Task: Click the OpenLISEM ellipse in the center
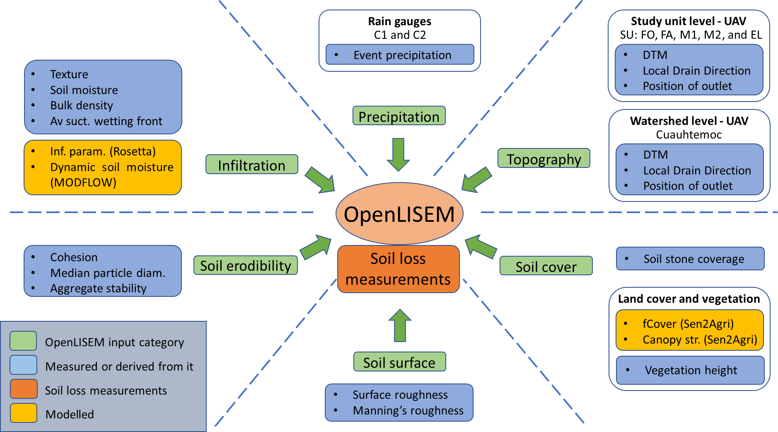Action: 399,214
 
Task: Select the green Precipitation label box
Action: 399,116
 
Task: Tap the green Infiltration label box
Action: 252,165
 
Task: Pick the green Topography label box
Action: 544,158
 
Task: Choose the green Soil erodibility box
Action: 246,265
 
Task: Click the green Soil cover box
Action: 546,266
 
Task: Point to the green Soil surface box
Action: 399,362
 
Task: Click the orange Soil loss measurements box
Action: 398,269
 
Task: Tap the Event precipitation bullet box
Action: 400,55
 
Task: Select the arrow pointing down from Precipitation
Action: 399,154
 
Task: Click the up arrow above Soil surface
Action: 400,326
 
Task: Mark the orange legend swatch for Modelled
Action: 24,413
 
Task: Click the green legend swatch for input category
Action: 24,341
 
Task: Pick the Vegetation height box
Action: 690,370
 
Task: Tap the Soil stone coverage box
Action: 690,259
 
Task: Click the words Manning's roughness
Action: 408,410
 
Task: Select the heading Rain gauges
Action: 399,21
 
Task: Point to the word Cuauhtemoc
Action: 689,134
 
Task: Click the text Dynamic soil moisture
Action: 112,167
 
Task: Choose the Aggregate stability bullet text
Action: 99,288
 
